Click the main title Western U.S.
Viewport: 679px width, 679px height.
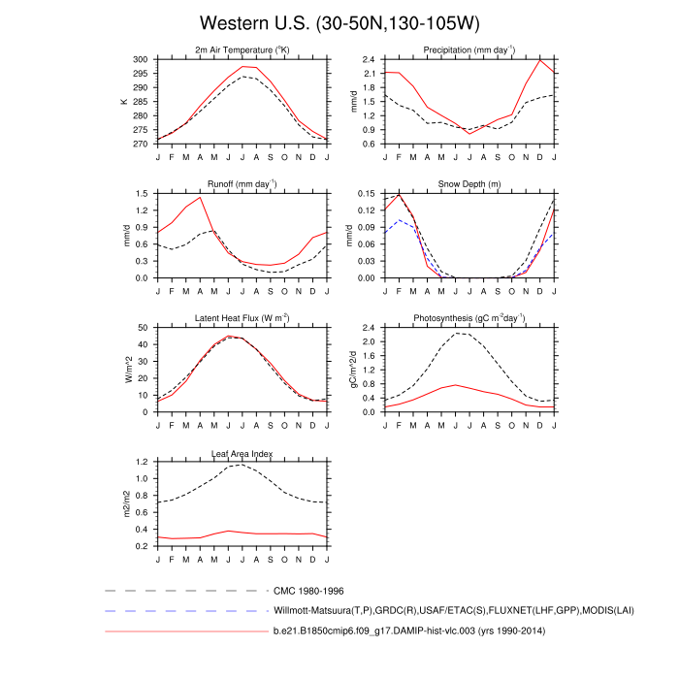click(x=339, y=23)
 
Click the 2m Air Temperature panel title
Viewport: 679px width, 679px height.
click(x=242, y=50)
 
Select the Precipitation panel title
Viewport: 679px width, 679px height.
click(x=469, y=50)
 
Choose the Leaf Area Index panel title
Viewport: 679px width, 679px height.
click(x=242, y=453)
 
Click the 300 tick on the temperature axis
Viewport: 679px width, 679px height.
click(x=142, y=59)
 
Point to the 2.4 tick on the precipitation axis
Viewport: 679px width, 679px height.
click(x=370, y=59)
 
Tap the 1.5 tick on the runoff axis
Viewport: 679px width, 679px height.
click(x=143, y=193)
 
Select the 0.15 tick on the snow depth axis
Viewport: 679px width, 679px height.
click(x=368, y=193)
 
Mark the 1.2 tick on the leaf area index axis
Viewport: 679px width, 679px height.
click(x=143, y=462)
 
